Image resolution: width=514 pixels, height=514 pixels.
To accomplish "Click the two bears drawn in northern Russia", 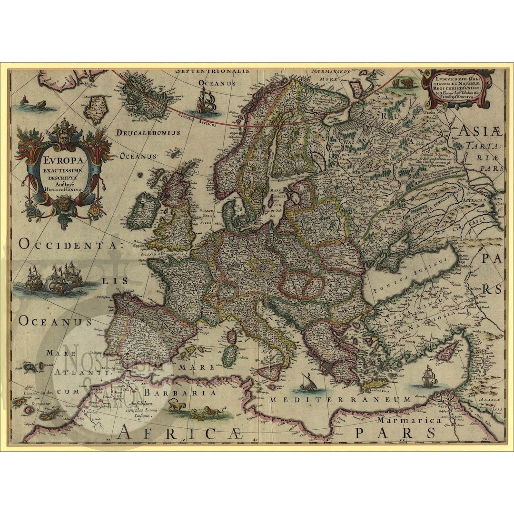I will pyautogui.click(x=402, y=84).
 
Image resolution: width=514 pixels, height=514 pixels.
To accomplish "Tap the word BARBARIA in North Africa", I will pyautogui.click(x=180, y=393).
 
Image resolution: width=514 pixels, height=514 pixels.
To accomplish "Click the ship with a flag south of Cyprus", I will pyautogui.click(x=429, y=377).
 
